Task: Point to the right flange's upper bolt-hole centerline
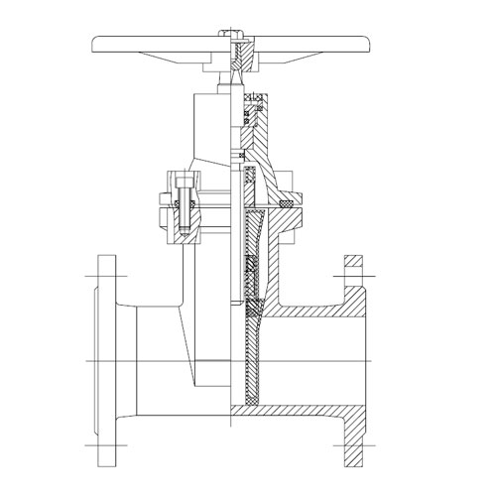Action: pyautogui.click(x=354, y=269)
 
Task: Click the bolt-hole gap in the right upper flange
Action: pyautogui.click(x=354, y=269)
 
